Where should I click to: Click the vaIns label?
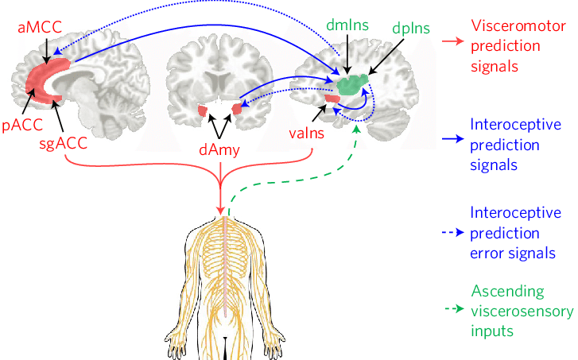pyautogui.click(x=305, y=134)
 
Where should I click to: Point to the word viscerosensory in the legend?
pyautogui.click(x=521, y=310)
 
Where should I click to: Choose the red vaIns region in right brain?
pyautogui.click(x=333, y=99)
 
